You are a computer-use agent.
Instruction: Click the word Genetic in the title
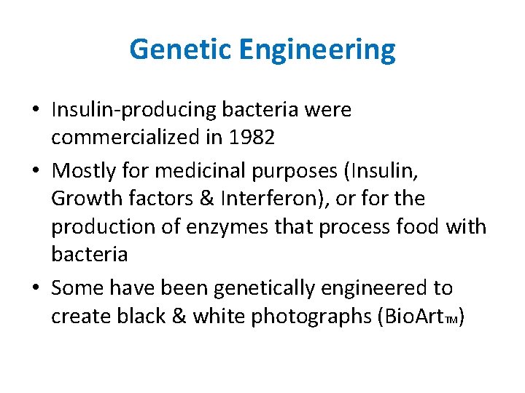pyautogui.click(x=179, y=49)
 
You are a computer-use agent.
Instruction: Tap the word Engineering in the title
pyautogui.click(x=316, y=49)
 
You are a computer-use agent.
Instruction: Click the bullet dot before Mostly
pyautogui.click(x=36, y=171)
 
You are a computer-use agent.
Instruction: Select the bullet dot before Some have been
pyautogui.click(x=36, y=289)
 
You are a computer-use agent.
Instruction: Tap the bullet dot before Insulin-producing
pyautogui.click(x=36, y=111)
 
